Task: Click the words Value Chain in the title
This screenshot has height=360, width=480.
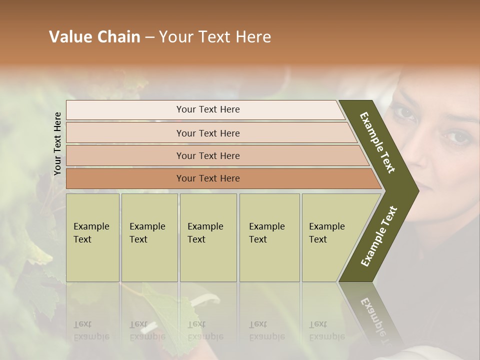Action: (94, 37)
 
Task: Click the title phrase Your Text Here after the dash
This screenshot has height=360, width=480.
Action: (215, 37)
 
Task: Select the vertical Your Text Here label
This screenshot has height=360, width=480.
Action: (57, 143)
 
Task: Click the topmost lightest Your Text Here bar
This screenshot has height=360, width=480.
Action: (207, 109)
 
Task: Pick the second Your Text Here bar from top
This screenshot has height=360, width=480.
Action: (207, 133)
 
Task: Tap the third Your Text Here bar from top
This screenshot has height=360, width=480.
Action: (207, 155)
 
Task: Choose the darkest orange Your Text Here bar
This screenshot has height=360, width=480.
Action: (207, 178)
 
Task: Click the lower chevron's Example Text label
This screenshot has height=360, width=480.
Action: (379, 236)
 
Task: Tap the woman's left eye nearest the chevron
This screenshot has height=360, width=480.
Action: (404, 114)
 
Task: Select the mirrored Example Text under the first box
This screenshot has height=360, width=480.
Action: (91, 330)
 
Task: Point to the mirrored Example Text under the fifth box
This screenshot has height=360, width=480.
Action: (327, 330)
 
